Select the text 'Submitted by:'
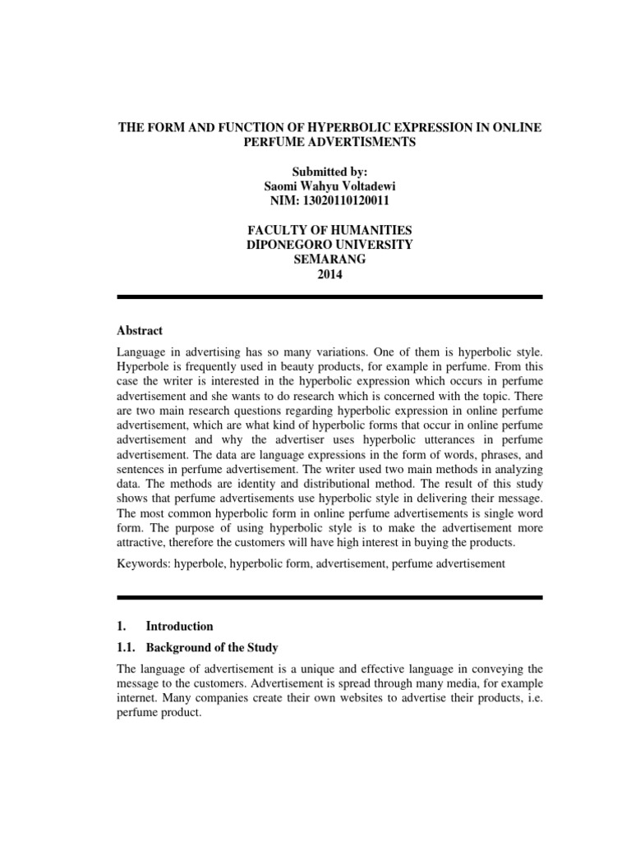point(330,172)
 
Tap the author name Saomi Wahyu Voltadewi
point(330,186)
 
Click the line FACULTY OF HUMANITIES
point(330,231)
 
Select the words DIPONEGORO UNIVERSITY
point(330,246)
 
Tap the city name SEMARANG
point(330,260)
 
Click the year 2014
point(330,275)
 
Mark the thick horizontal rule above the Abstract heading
point(330,296)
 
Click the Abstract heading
point(140,330)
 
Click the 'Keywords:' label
point(144,564)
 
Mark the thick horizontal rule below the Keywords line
point(330,597)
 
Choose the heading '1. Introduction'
point(165,626)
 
